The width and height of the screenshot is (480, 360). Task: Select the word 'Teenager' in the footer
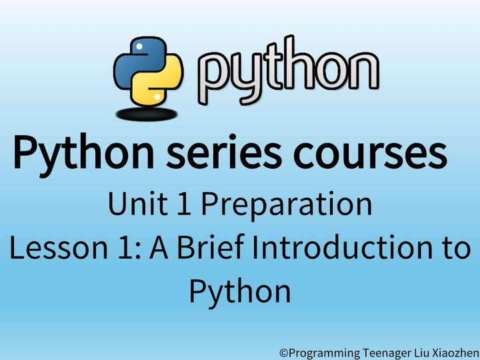click(x=388, y=351)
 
